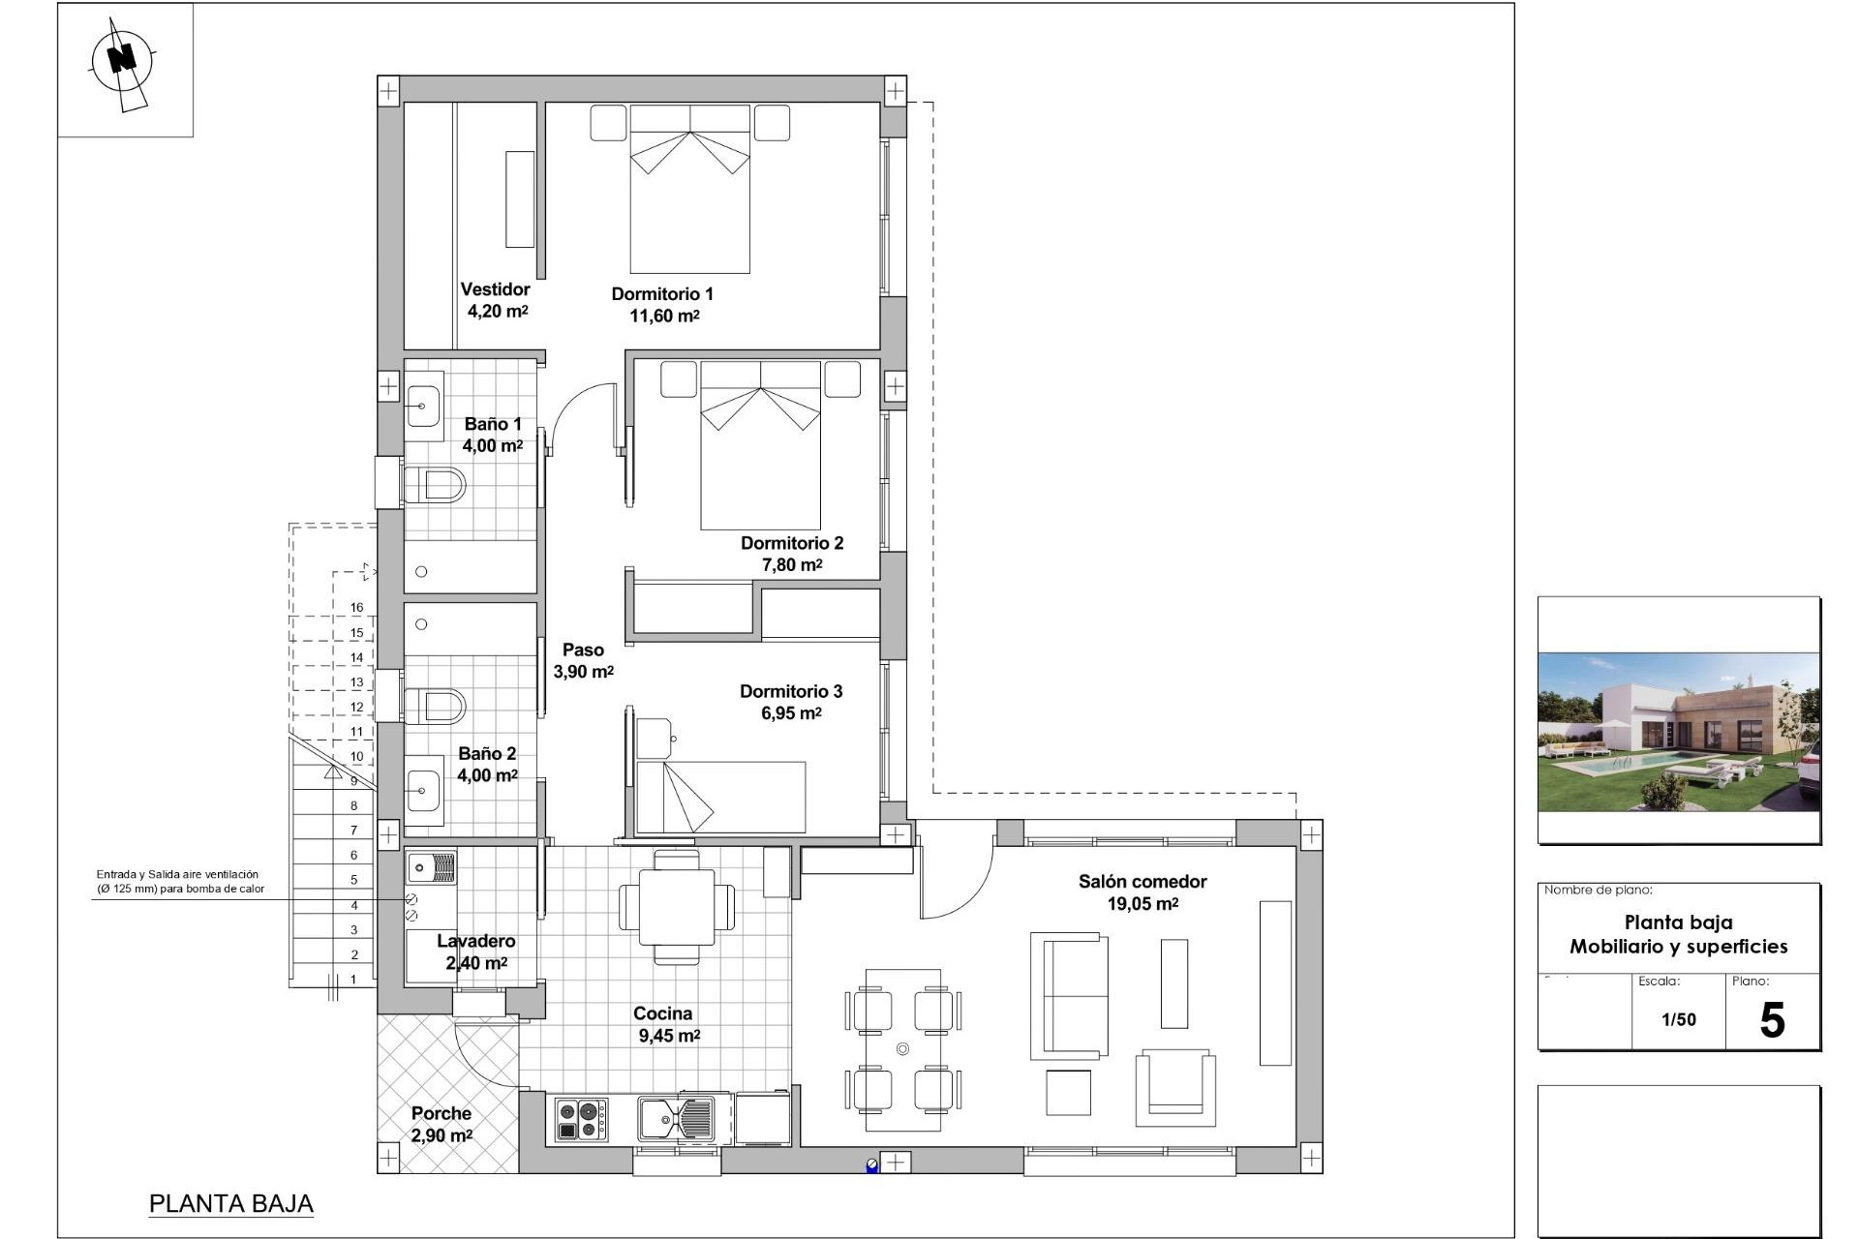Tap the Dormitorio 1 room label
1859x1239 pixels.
click(x=662, y=294)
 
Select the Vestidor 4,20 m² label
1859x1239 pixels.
click(x=496, y=300)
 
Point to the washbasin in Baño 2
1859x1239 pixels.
click(x=423, y=792)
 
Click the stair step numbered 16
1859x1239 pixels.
click(x=356, y=608)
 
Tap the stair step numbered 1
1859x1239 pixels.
click(x=353, y=980)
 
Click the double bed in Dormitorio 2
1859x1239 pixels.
click(x=761, y=445)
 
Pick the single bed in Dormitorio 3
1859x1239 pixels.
click(x=721, y=797)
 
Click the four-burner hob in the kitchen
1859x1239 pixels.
click(x=581, y=1119)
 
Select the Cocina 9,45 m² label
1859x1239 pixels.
click(x=664, y=1024)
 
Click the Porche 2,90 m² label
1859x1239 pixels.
click(x=442, y=1124)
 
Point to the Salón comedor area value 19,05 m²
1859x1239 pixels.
click(x=1143, y=904)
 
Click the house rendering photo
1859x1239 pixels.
click(x=1678, y=732)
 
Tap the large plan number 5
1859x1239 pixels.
click(x=1771, y=1021)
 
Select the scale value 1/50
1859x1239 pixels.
click(x=1678, y=1019)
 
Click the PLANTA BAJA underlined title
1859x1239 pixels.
click(x=230, y=1204)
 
